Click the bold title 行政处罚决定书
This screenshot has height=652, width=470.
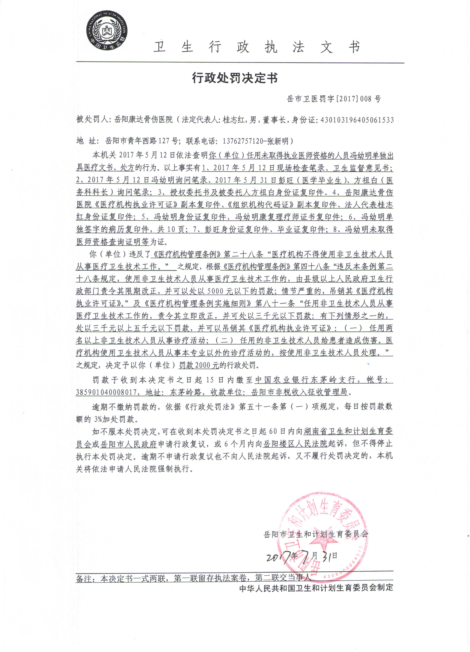pos(235,78)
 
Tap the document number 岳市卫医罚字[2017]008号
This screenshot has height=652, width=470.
pos(334,99)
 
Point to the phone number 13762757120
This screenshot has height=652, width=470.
pos(243,141)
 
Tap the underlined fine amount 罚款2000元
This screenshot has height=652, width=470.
pos(199,365)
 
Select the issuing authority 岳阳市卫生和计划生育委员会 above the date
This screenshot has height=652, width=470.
pos(316,534)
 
